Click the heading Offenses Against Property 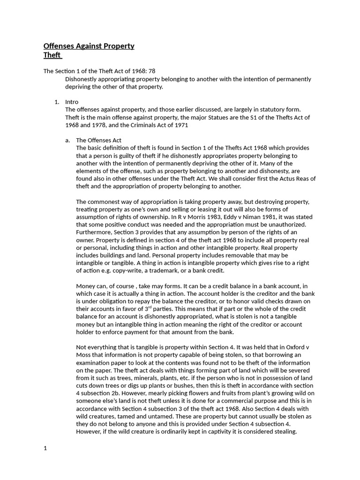pos(89,46)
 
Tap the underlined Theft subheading pos(52,55)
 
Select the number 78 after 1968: pos(151,71)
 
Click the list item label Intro pos(72,102)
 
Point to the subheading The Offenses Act pos(98,140)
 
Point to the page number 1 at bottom pos(45,448)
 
